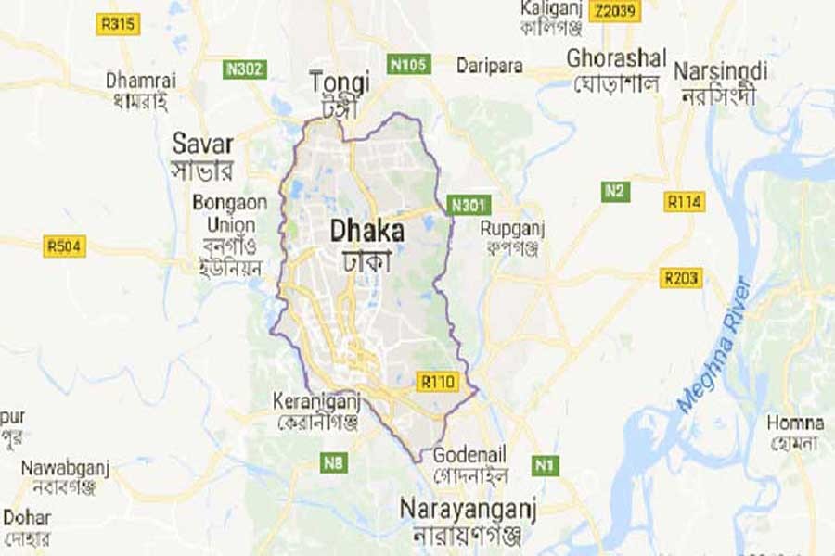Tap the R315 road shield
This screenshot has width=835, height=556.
118,25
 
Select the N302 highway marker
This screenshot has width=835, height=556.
246,69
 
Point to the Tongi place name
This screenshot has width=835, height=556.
340,81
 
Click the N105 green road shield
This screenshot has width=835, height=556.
408,64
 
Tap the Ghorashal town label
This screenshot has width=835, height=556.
616,58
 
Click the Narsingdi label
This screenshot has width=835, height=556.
721,71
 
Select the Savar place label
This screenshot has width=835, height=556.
203,145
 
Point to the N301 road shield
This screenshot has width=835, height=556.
467,204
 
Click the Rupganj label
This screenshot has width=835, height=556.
511,229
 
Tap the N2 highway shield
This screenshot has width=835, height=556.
614,192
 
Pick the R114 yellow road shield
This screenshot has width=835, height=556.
685,200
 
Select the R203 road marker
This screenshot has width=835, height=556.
682,278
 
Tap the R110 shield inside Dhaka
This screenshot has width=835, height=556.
436,381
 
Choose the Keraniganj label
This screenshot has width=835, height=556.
316,401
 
